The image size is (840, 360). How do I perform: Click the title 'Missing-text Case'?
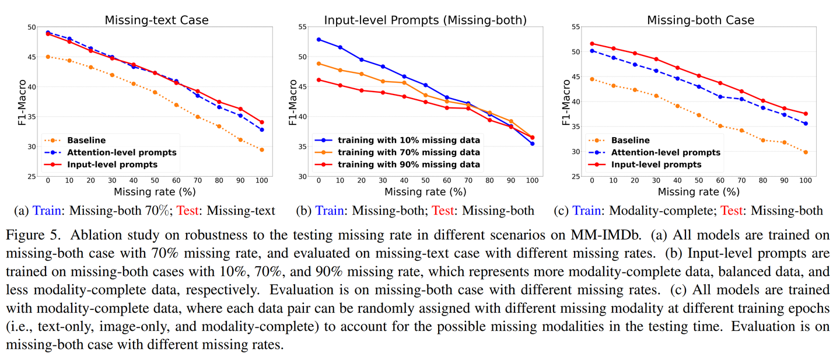(156, 20)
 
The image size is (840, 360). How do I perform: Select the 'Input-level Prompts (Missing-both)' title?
(425, 20)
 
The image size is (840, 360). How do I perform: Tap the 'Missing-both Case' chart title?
(700, 20)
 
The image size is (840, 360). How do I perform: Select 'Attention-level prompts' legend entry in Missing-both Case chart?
(666, 152)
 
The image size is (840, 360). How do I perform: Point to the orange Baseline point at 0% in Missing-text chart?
(48, 57)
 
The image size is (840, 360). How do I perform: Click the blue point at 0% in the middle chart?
(318, 40)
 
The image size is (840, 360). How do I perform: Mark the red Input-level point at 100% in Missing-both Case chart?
(806, 114)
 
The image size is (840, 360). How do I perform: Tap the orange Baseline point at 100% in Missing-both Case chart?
(806, 152)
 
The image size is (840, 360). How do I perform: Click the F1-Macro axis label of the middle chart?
(293, 102)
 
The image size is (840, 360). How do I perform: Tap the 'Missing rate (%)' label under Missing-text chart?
(155, 191)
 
